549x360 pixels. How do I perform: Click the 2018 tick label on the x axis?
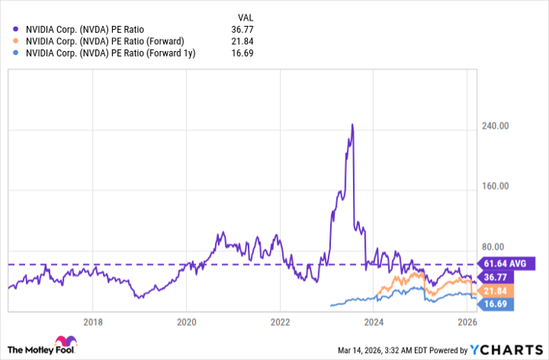point(93,322)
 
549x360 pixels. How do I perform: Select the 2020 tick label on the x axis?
point(187,322)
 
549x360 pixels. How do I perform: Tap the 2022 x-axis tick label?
point(281,322)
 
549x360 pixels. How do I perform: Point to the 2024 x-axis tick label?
point(374,322)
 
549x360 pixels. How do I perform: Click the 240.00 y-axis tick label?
point(496,125)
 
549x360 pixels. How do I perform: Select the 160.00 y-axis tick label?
point(496,187)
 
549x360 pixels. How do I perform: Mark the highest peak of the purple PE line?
point(352,124)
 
